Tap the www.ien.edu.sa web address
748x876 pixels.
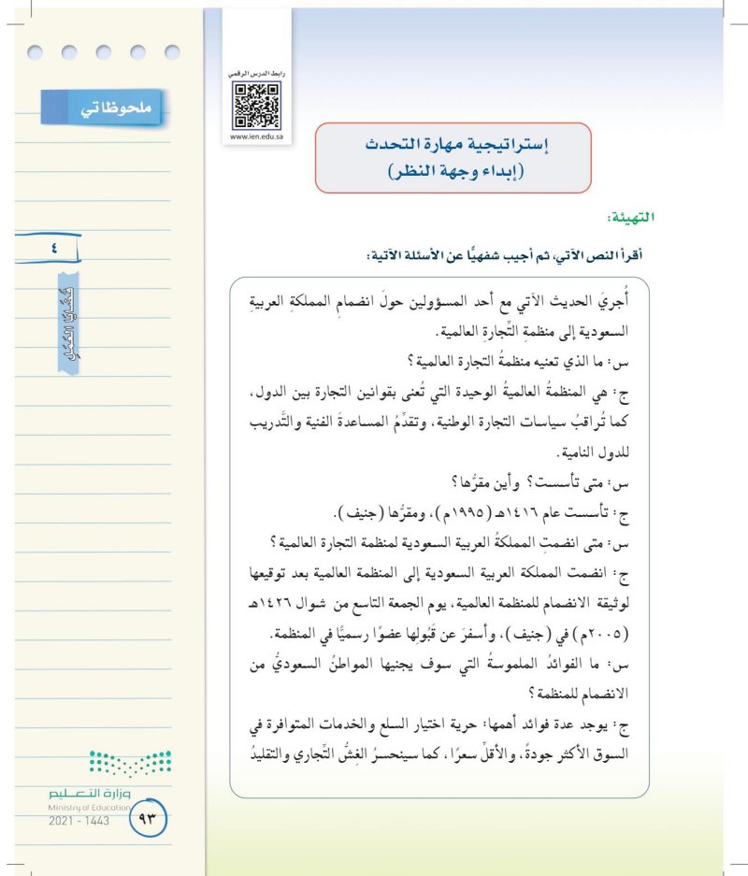[x=256, y=136]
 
